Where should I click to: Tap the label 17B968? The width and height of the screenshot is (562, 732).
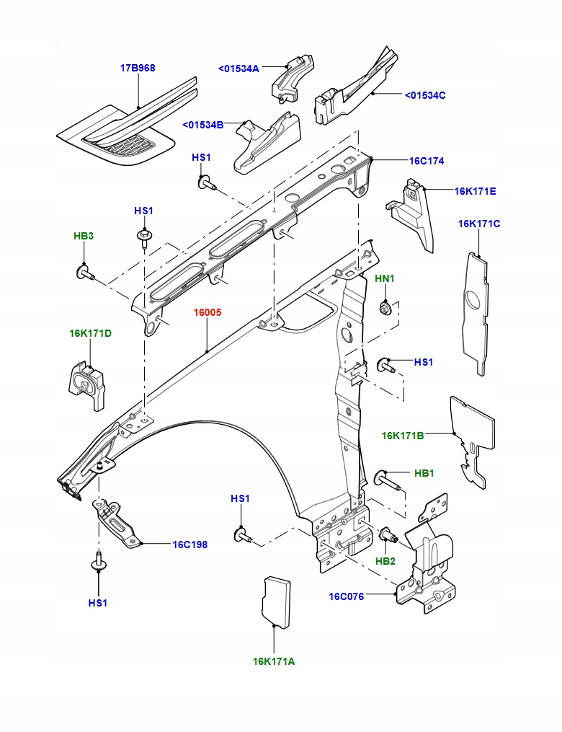(x=137, y=68)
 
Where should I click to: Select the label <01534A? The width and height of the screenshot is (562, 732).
(x=238, y=69)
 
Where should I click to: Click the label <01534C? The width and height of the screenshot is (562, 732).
(x=425, y=94)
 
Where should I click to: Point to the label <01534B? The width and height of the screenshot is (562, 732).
(x=203, y=125)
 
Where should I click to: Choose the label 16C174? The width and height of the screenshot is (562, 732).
(x=427, y=161)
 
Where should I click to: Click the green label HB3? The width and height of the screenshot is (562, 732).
(x=84, y=236)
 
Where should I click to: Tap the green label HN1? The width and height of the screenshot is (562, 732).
(x=385, y=278)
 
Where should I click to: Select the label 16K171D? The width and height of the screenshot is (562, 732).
(x=91, y=333)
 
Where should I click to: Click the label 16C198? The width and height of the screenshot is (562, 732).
(x=189, y=544)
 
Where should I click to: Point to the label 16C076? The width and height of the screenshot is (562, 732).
(x=347, y=596)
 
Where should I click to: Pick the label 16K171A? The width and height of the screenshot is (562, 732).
(x=274, y=661)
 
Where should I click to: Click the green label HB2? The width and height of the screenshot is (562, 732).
(x=385, y=560)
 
